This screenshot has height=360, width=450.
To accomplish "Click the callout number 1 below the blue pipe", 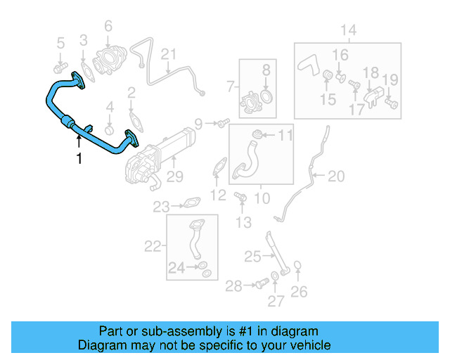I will [79, 159].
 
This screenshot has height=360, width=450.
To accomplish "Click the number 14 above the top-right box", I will [349, 30].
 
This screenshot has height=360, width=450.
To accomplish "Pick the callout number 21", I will [168, 54].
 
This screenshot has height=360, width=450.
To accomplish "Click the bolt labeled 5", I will [58, 68].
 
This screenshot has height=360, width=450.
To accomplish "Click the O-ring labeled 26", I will [298, 266].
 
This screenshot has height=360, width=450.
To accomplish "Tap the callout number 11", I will [285, 134].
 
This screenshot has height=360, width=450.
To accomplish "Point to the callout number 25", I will [252, 257].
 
